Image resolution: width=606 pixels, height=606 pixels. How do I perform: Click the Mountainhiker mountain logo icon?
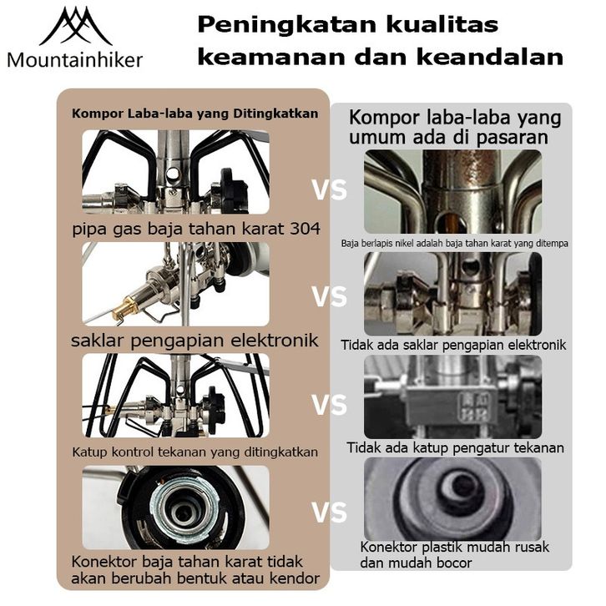point(75,27)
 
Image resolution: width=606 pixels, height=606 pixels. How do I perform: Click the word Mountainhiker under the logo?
point(75,59)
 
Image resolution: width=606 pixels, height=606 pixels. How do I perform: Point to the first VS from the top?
point(329,190)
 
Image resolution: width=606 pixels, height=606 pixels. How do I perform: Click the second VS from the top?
point(329,296)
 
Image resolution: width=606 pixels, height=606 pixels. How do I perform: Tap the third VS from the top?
point(329,406)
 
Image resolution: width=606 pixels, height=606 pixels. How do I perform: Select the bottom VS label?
point(329,512)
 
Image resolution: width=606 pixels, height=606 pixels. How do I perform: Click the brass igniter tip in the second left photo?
point(124,310)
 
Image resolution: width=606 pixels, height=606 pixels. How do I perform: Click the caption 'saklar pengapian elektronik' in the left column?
point(194,340)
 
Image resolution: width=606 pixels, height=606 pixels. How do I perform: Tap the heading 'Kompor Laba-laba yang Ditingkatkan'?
point(194,114)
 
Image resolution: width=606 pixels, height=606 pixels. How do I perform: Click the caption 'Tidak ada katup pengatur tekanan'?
point(455,448)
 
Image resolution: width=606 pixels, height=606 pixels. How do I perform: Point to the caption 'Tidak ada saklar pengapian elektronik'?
point(454,344)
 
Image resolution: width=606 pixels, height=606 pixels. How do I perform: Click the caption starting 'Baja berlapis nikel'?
point(455,244)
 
